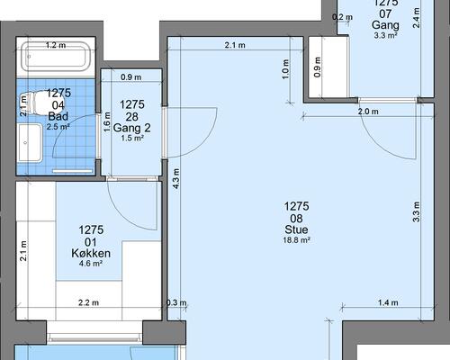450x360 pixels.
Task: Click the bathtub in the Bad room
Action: [x=56, y=57]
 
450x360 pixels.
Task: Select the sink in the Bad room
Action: [x=30, y=143]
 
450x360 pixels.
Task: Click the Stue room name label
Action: [x=296, y=229]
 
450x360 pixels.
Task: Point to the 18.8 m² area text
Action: [x=296, y=240]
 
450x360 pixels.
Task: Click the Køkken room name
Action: [x=91, y=254]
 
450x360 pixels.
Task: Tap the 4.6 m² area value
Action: [x=91, y=264]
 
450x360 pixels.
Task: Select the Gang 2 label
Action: [x=132, y=128]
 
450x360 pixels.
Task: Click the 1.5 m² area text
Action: [x=132, y=139]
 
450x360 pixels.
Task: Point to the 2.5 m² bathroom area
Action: [x=58, y=127]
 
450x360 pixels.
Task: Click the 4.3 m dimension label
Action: [x=176, y=178]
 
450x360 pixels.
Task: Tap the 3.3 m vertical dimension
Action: [x=416, y=211]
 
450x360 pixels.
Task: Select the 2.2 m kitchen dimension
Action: [x=88, y=302]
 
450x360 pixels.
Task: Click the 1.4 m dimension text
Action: [x=388, y=302]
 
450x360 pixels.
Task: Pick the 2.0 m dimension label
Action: [x=368, y=112]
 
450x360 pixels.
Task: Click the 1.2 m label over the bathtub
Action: [x=56, y=45]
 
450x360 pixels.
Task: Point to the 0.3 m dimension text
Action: [x=176, y=302]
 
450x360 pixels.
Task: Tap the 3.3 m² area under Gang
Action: [x=385, y=35]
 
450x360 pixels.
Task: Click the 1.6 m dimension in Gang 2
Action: [x=107, y=121]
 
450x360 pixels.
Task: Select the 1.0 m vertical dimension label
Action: [x=285, y=69]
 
